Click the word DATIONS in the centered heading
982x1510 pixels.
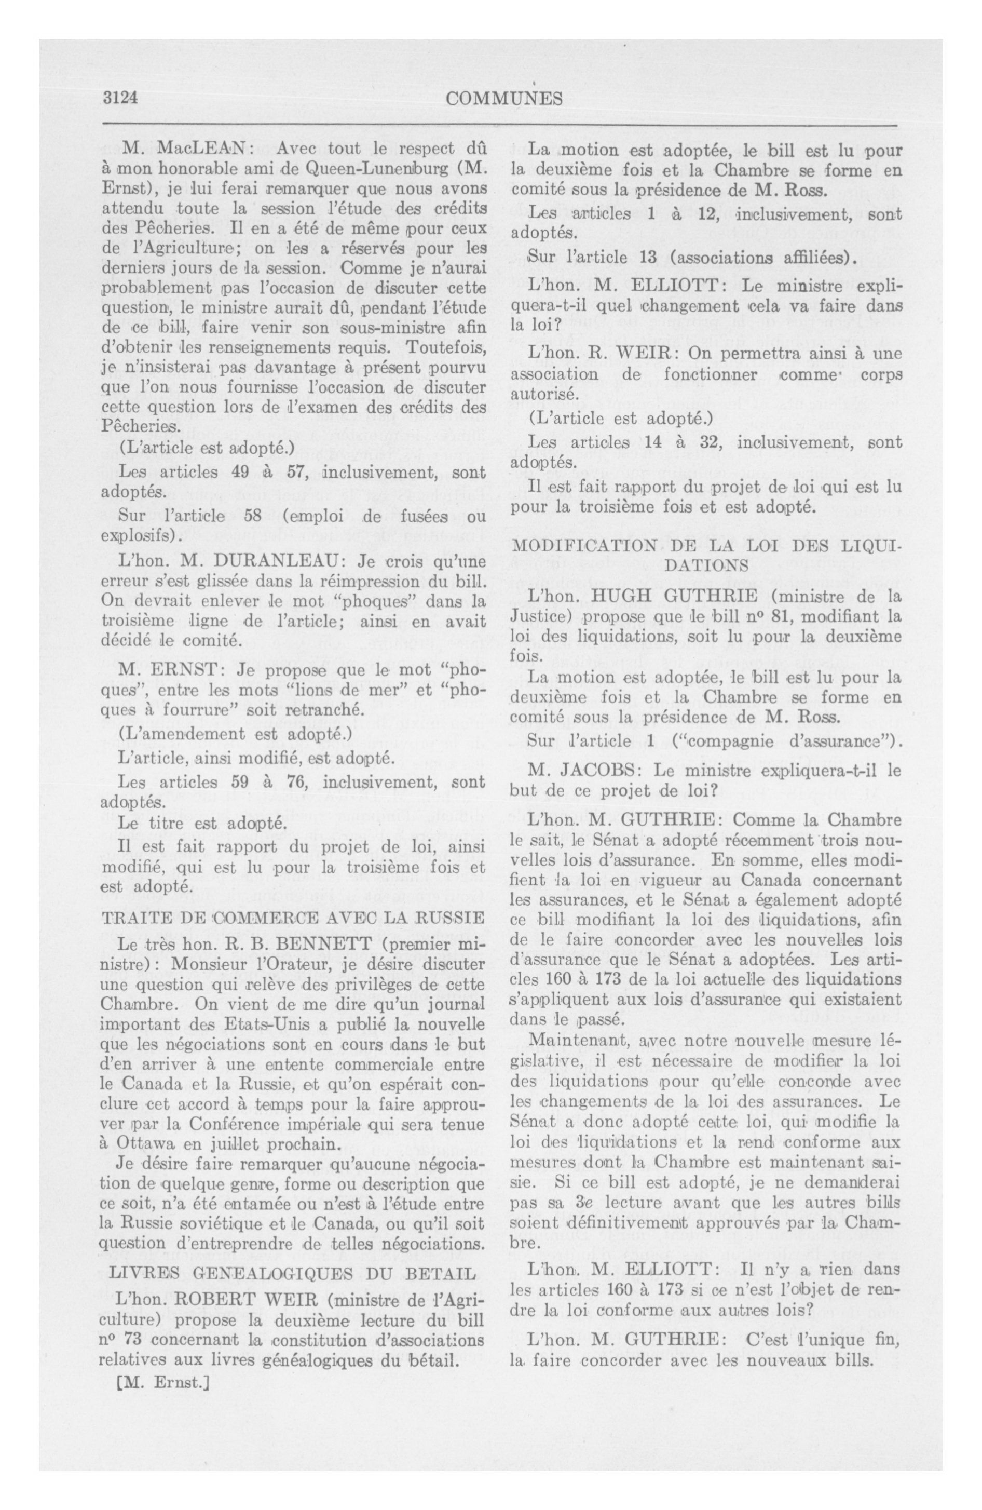705,564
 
